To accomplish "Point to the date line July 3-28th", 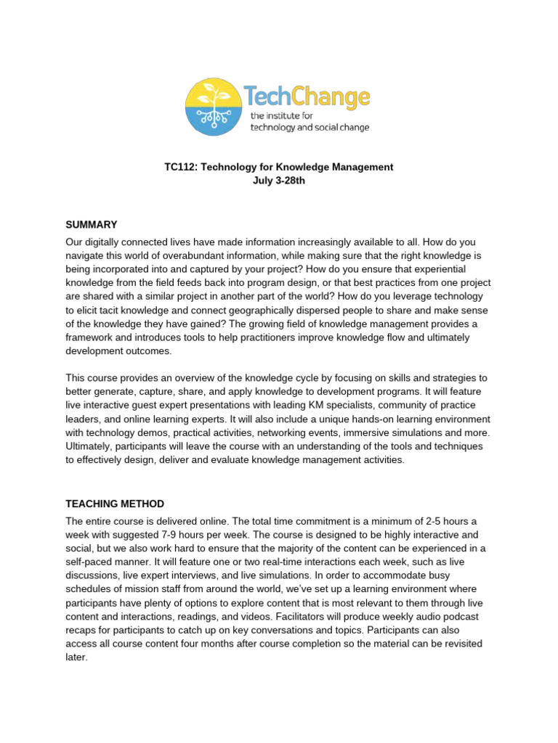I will coord(278,181).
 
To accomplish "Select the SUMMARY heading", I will coord(92,224).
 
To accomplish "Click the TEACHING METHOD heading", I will coord(115,504).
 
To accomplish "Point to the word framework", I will coord(92,337).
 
